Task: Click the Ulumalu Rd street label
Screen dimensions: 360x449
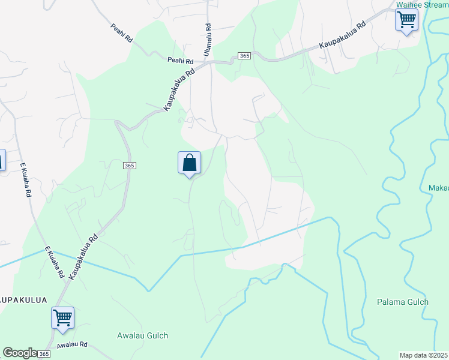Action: (x=208, y=40)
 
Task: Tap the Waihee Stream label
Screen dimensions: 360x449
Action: (x=422, y=5)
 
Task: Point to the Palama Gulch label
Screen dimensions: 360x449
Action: (x=402, y=302)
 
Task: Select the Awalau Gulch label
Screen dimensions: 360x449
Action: (x=142, y=335)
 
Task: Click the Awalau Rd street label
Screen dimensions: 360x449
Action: (x=73, y=345)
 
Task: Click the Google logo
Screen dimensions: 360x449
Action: (x=20, y=353)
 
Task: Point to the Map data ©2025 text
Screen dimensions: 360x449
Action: (x=423, y=355)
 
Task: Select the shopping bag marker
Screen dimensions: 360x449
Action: (x=189, y=163)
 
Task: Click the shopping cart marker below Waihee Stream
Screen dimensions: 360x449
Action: (x=406, y=20)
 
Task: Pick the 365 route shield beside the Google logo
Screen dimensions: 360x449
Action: (x=44, y=355)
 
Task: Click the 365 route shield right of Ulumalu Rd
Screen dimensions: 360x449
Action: (x=244, y=56)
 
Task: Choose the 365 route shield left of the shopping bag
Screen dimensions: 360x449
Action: (x=129, y=165)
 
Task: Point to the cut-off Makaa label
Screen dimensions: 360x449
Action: (x=439, y=188)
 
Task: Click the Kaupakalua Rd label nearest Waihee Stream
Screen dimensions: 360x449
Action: (x=342, y=36)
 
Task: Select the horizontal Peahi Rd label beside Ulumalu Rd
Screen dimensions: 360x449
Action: (x=180, y=61)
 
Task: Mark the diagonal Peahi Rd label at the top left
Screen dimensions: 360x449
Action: (x=121, y=33)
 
